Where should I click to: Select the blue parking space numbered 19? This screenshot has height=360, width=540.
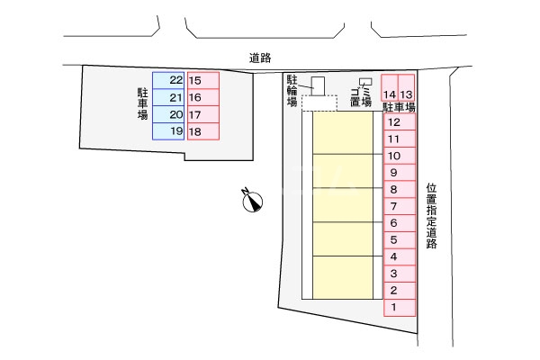pyautogui.click(x=168, y=131)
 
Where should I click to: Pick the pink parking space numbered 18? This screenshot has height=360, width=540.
pyautogui.click(x=202, y=131)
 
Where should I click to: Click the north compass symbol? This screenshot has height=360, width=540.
pyautogui.click(x=252, y=200)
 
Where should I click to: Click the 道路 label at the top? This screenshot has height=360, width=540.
pyautogui.click(x=261, y=58)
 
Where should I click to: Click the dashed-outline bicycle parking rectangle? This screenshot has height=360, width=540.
pyautogui.click(x=319, y=103)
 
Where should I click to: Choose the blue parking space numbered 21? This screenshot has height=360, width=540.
pyautogui.click(x=168, y=98)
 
